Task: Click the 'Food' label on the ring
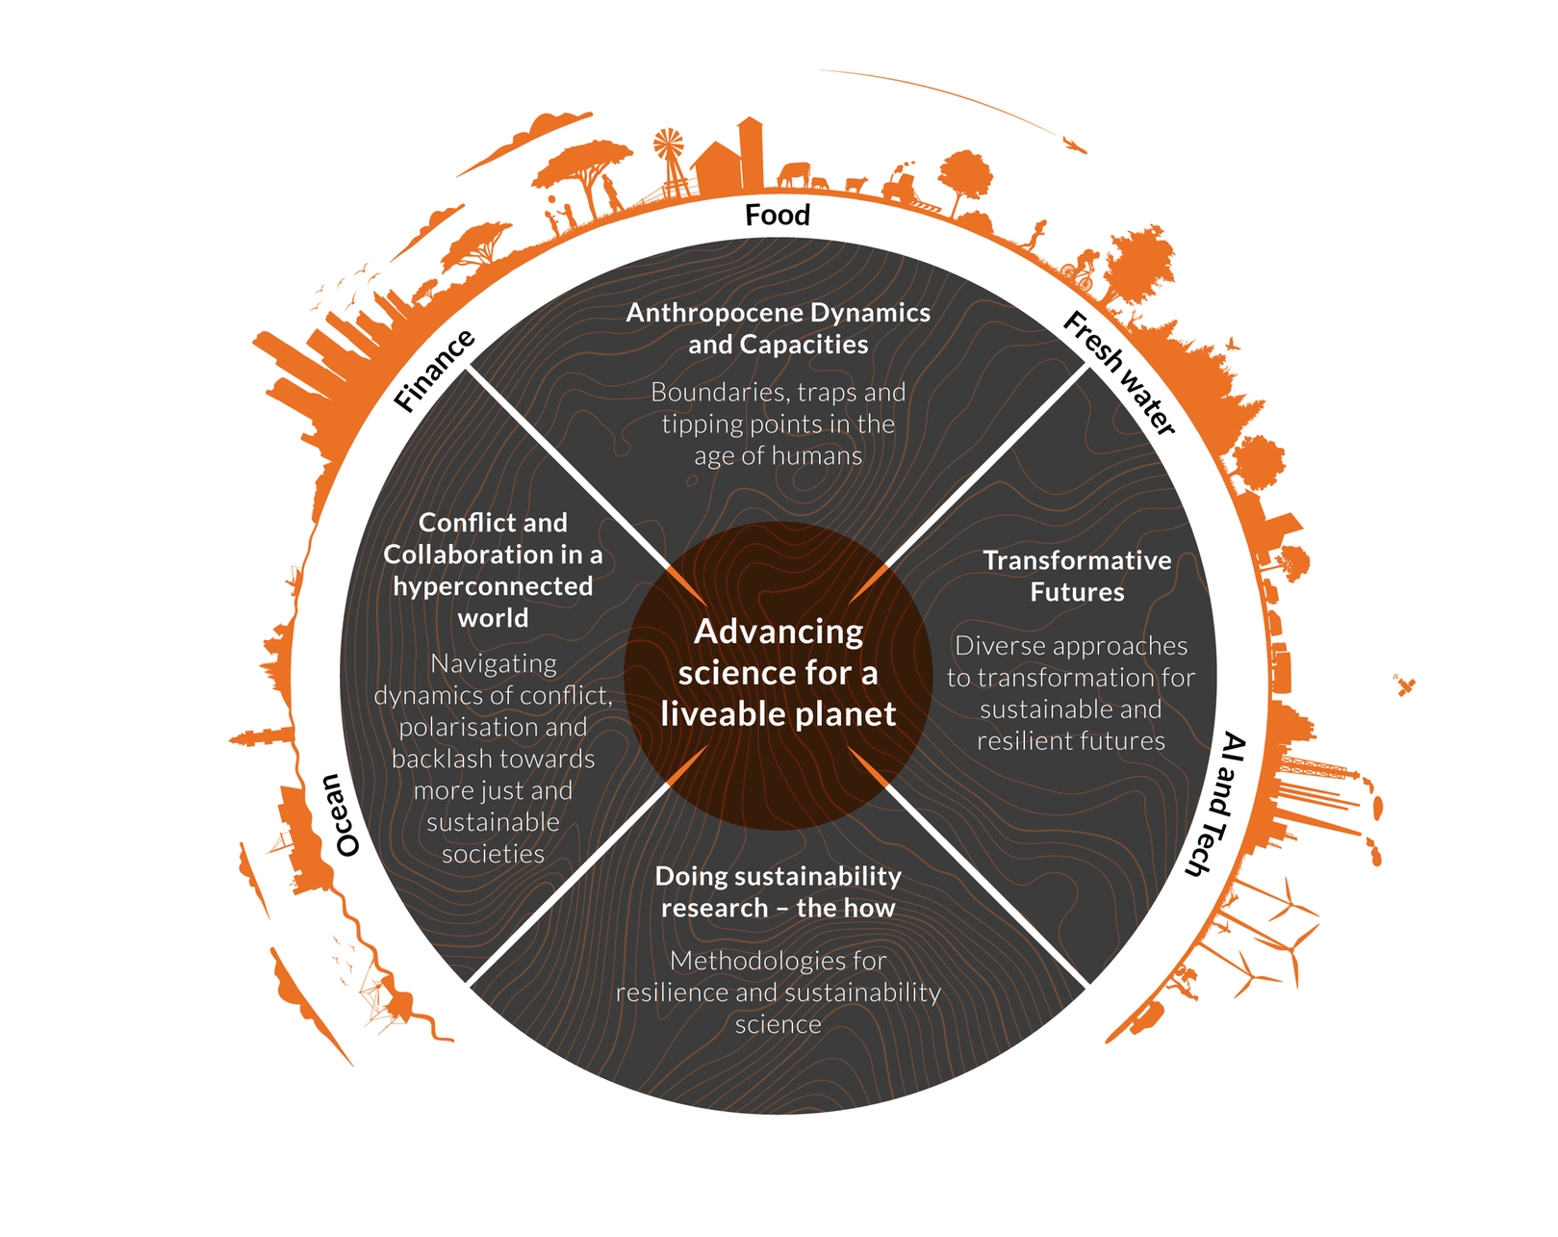pyautogui.click(x=778, y=215)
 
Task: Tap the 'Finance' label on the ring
pyautogui.click(x=435, y=371)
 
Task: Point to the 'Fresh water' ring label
pyautogui.click(x=1120, y=373)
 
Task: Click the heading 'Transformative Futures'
pyautogui.click(x=1077, y=576)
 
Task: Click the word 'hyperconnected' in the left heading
pyautogui.click(x=493, y=586)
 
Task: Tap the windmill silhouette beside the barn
pyautogui.click(x=669, y=149)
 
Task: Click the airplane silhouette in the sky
pyautogui.click(x=1074, y=144)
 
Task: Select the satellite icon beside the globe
pyautogui.click(x=1405, y=685)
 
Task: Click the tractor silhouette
pyautogui.click(x=901, y=186)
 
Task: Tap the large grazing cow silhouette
pyautogui.click(x=794, y=174)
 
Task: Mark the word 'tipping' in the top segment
pyautogui.click(x=696, y=425)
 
